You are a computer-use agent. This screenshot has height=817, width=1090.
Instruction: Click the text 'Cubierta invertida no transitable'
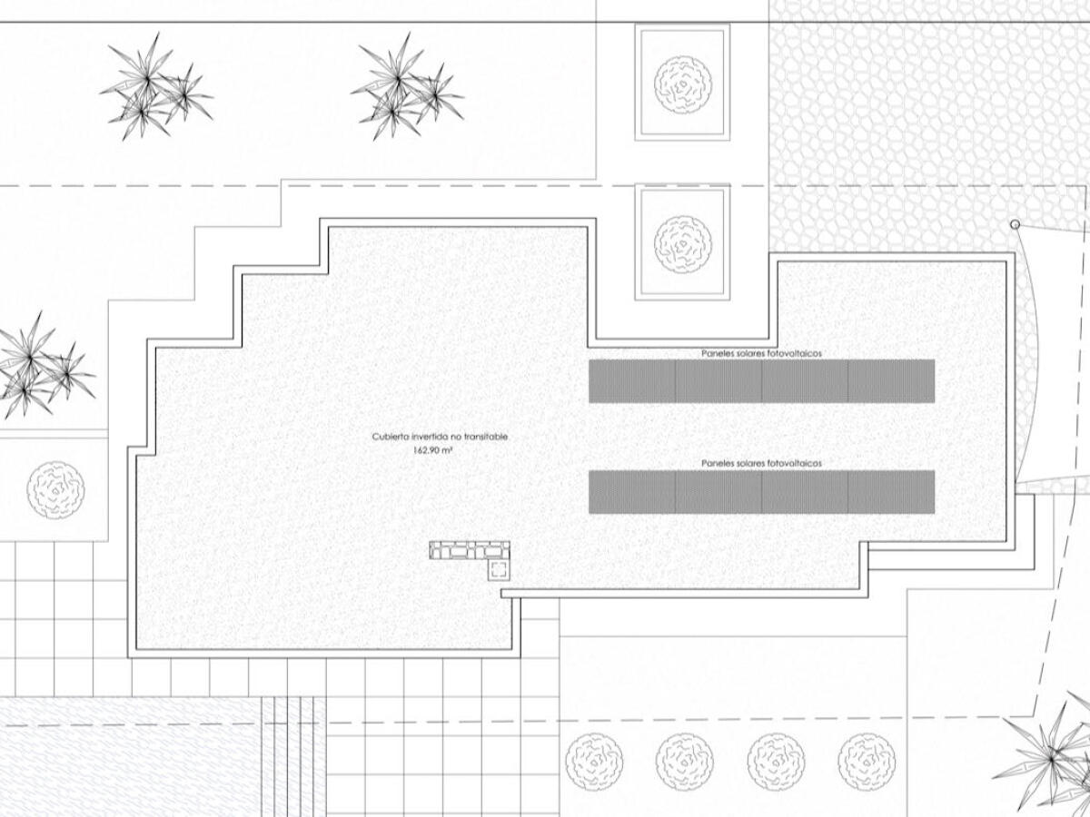click(440, 437)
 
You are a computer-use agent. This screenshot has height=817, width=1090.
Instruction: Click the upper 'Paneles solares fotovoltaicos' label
click(761, 354)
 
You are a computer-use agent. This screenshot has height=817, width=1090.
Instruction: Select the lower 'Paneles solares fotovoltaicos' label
click(761, 463)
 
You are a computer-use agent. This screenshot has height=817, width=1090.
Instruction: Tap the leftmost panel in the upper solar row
click(632, 381)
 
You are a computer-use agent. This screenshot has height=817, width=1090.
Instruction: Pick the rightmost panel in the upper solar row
click(891, 381)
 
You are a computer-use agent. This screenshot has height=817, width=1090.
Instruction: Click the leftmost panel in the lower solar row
click(632, 492)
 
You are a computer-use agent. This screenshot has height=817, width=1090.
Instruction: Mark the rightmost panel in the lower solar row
click(891, 492)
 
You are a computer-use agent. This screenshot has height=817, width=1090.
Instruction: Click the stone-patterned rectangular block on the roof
click(470, 551)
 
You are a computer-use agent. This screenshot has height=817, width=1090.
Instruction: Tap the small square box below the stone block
click(499, 570)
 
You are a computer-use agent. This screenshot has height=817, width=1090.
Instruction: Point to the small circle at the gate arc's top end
click(1015, 225)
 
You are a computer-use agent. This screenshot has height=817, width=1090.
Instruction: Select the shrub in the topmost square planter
click(683, 84)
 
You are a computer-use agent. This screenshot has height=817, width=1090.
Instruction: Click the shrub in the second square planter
click(683, 244)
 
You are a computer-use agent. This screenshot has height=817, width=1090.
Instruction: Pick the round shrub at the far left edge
click(55, 490)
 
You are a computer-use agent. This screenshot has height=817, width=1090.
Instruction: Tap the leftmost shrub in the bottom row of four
click(594, 761)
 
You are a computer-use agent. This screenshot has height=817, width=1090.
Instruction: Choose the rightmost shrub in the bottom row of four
click(867, 761)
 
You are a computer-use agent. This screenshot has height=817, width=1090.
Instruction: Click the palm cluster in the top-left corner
click(155, 88)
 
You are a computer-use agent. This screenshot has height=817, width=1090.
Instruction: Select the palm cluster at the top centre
click(406, 88)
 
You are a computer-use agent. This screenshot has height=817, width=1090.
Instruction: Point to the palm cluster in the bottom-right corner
click(1045, 762)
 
